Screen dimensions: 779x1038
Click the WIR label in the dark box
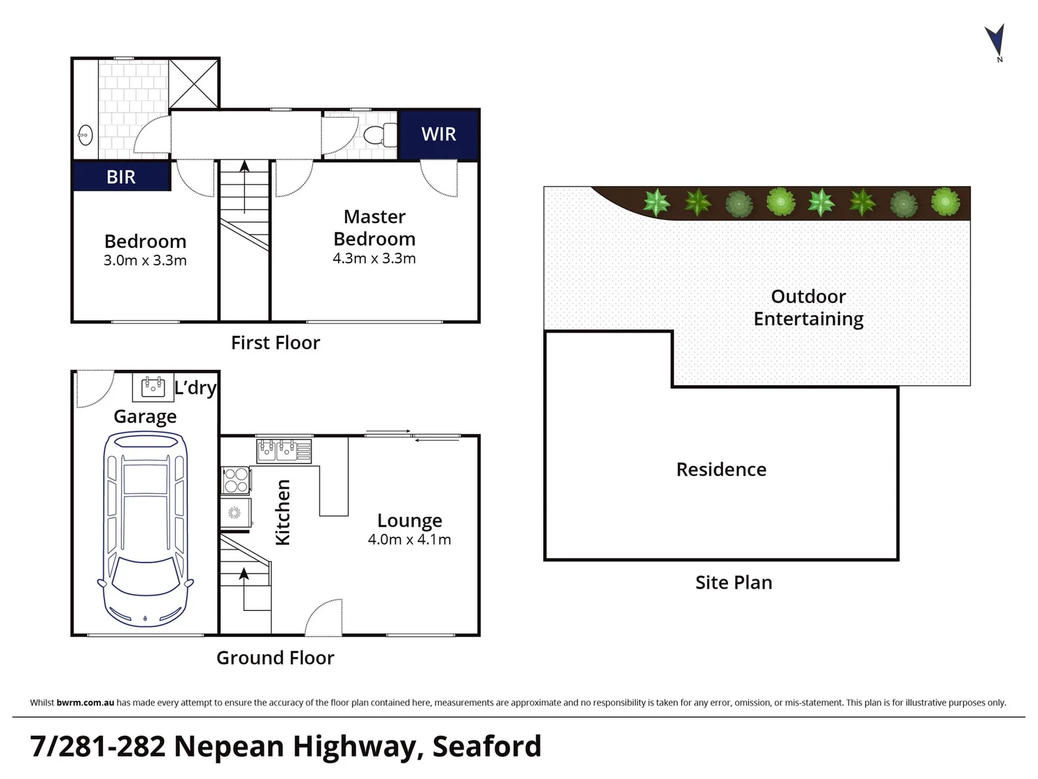pyautogui.click(x=438, y=134)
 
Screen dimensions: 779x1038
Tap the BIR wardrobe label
pyautogui.click(x=121, y=177)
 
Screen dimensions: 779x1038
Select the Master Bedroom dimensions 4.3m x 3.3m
pyautogui.click(x=374, y=258)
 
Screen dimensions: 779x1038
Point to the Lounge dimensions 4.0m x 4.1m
pyautogui.click(x=409, y=540)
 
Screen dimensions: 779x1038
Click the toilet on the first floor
pyautogui.click(x=378, y=135)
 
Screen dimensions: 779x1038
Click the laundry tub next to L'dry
pyautogui.click(x=153, y=387)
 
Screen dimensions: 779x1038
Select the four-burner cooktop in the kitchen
pyautogui.click(x=236, y=480)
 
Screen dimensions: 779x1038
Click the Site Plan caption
pyautogui.click(x=733, y=582)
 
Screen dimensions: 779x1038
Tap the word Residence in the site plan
pyautogui.click(x=721, y=470)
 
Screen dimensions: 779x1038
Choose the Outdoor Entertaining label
pyautogui.click(x=808, y=307)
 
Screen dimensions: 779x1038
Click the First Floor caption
pyautogui.click(x=275, y=343)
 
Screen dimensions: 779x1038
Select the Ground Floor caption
pyautogui.click(x=275, y=658)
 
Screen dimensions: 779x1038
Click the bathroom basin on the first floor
pyautogui.click(x=85, y=135)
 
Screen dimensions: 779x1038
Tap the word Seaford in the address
pyautogui.click(x=487, y=747)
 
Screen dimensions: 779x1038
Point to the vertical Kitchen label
pyautogui.click(x=283, y=512)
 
